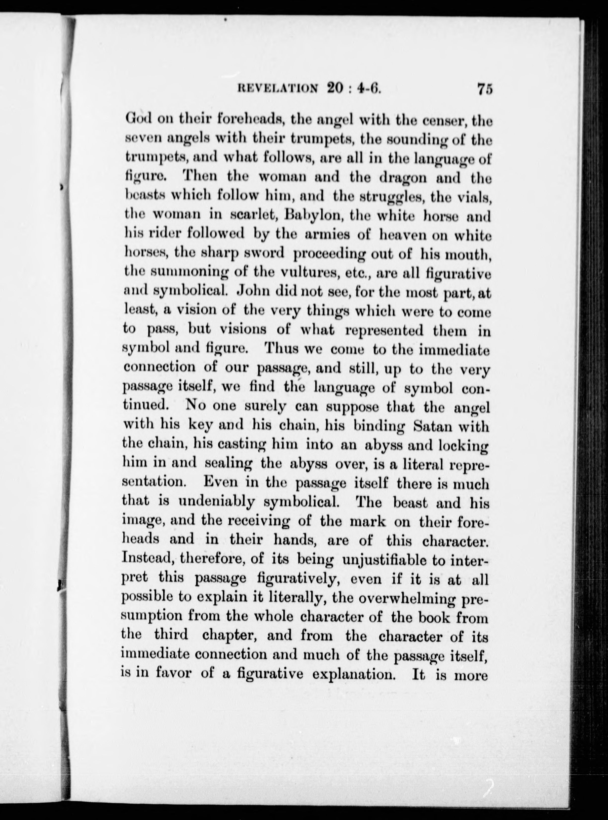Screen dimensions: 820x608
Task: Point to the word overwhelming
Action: [x=407, y=598]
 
